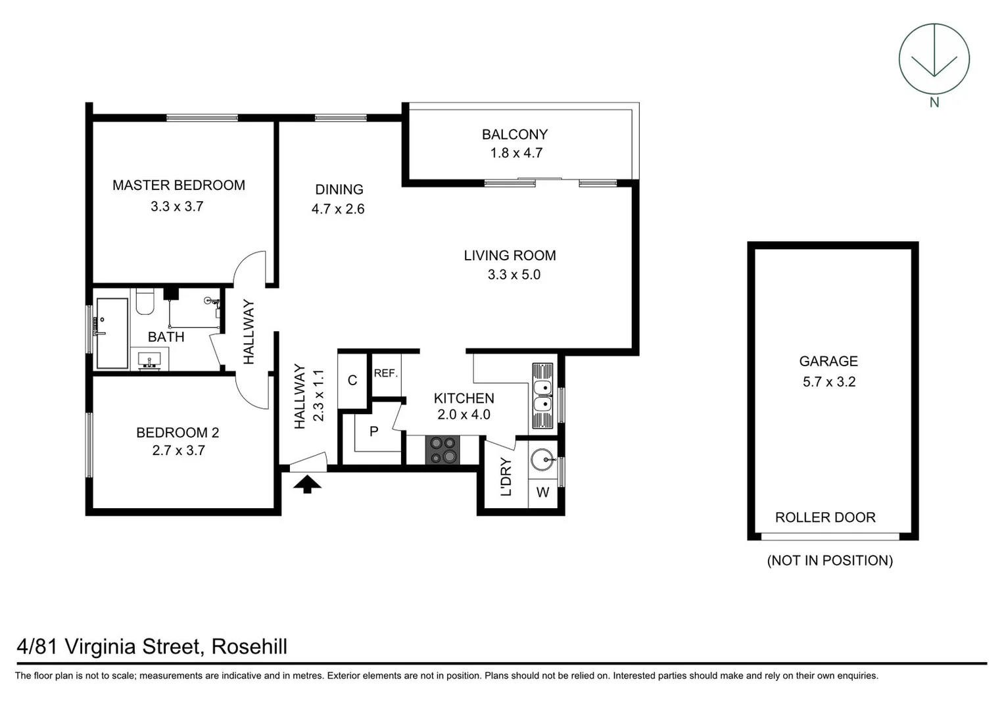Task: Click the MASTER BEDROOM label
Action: [178, 185]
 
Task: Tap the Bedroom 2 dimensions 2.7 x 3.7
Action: [178, 451]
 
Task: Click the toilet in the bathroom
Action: [145, 303]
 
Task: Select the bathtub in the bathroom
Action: [112, 333]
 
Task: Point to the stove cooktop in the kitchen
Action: [442, 450]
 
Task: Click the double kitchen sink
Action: [542, 396]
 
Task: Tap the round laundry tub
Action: [543, 460]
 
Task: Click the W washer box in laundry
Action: [542, 492]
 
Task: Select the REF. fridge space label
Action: [385, 373]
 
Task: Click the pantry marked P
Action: [373, 432]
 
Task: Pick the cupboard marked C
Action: [352, 381]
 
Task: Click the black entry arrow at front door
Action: [307, 485]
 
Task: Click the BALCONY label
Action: [514, 135]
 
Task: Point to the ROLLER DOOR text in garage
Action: [825, 517]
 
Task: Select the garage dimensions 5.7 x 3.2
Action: [828, 382]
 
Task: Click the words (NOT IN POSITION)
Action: [830, 561]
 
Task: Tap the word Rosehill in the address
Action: [249, 647]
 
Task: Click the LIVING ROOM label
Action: [510, 256]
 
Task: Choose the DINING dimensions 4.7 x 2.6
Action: [338, 209]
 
